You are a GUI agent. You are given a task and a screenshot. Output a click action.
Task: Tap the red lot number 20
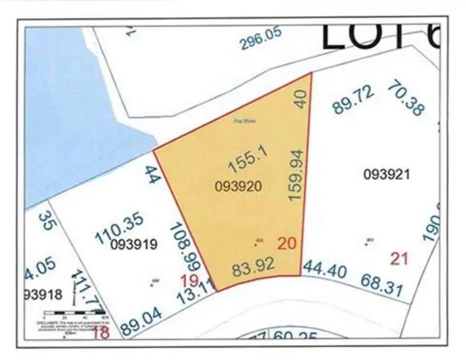coord(288,243)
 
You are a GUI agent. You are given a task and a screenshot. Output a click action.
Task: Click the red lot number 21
coord(399,259)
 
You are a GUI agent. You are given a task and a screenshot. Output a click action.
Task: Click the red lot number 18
coord(99,333)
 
